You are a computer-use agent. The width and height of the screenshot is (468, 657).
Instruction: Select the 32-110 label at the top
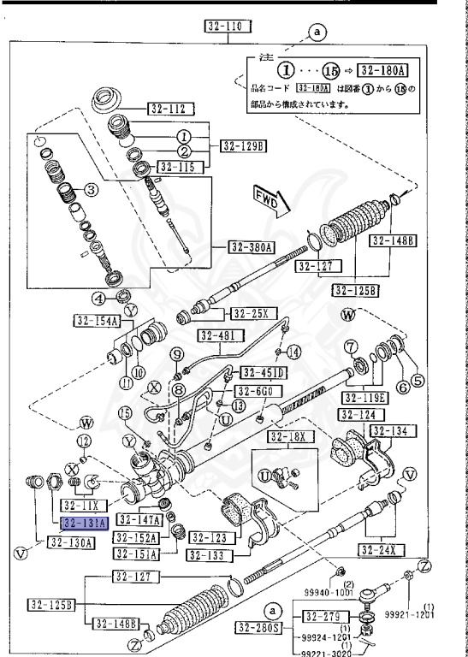[x=228, y=27]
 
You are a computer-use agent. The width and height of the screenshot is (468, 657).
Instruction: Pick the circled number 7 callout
[x=351, y=346]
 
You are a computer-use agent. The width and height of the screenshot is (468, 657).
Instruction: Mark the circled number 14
[x=293, y=352]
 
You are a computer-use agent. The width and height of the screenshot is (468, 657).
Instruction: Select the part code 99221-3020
[x=325, y=652]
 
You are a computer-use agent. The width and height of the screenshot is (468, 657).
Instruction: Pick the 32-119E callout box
[x=365, y=398]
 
